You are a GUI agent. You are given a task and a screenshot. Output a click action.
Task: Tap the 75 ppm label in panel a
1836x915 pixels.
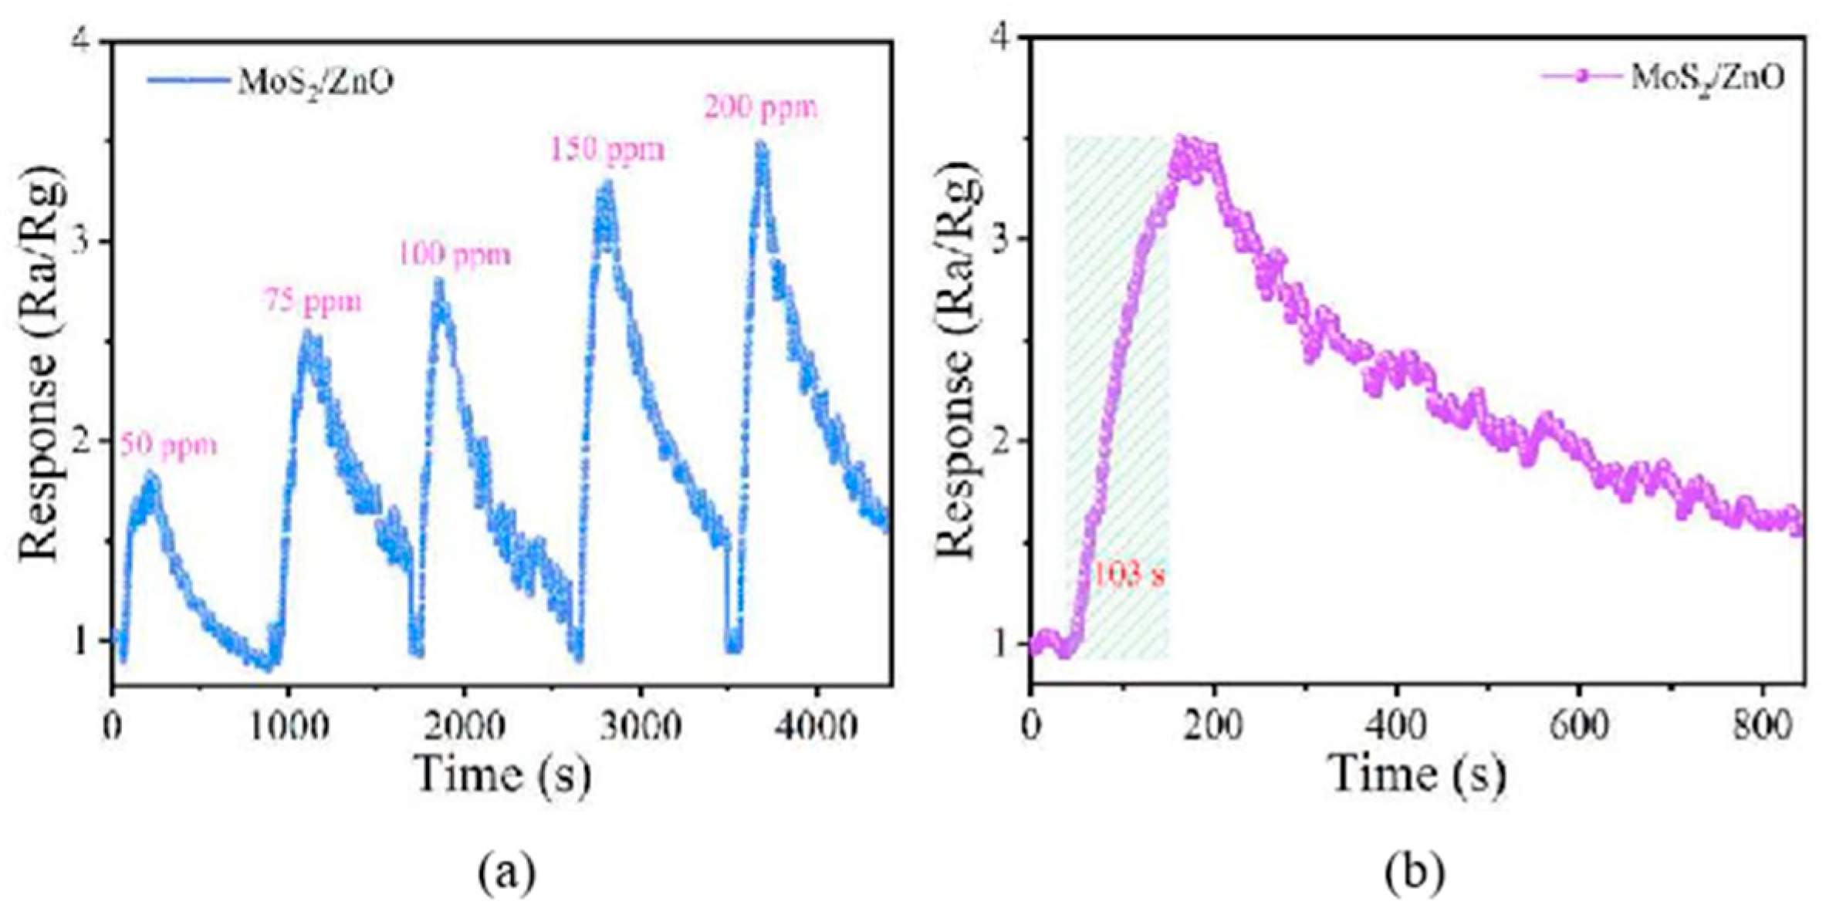pyautogui.click(x=313, y=302)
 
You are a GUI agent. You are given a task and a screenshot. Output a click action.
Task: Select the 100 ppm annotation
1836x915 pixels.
pyautogui.click(x=455, y=255)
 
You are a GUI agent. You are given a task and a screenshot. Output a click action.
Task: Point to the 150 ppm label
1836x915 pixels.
pyautogui.click(x=607, y=150)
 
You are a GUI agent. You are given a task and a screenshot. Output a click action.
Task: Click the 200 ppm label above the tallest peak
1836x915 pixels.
pyautogui.click(x=760, y=108)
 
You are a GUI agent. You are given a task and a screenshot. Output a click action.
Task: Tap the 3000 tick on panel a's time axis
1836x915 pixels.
pyautogui.click(x=640, y=727)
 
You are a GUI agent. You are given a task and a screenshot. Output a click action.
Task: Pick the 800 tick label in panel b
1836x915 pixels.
pyautogui.click(x=1761, y=727)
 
